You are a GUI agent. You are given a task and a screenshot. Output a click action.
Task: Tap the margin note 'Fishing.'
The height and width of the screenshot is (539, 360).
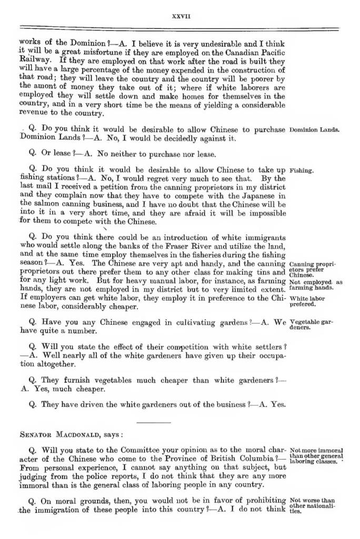302,171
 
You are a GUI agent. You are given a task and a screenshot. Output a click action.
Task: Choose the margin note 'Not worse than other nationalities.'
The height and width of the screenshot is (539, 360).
316,505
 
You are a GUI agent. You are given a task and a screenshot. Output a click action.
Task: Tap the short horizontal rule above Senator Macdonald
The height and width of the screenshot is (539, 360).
153,422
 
